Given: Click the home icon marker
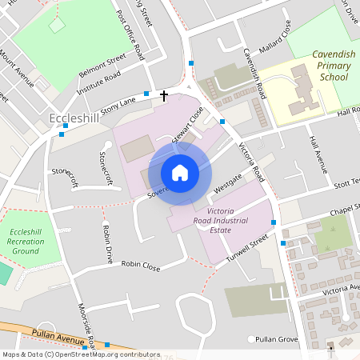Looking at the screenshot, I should pos(180,173).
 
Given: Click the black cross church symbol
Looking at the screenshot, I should pos(165,96).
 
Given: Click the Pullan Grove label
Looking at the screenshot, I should pos(277,340).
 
